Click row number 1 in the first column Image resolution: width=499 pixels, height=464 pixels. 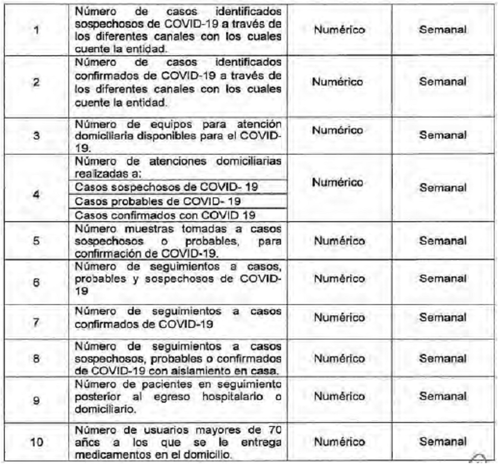(36, 30)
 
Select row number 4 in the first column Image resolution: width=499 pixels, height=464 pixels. (36, 194)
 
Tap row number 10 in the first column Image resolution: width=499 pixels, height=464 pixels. (36, 442)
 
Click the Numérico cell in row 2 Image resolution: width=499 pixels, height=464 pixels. (337, 82)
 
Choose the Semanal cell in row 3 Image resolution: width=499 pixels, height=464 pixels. (443, 135)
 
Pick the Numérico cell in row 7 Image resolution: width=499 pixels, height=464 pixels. (339, 318)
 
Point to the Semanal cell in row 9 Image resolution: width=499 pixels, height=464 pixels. (443, 396)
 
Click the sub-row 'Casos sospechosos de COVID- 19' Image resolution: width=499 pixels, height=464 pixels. (166, 187)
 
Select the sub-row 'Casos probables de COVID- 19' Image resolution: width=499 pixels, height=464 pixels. (158, 201)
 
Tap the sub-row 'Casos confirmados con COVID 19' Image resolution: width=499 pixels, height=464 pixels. (165, 215)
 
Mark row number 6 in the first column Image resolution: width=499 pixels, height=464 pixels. (36, 283)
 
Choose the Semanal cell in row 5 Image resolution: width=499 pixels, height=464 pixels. (443, 241)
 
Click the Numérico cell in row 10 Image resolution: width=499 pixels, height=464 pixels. (339, 442)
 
